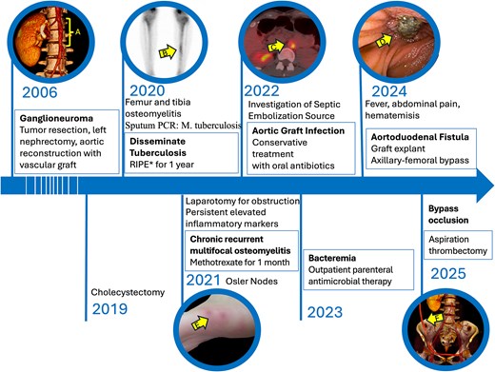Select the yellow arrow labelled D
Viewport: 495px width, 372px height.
(x=386, y=41)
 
